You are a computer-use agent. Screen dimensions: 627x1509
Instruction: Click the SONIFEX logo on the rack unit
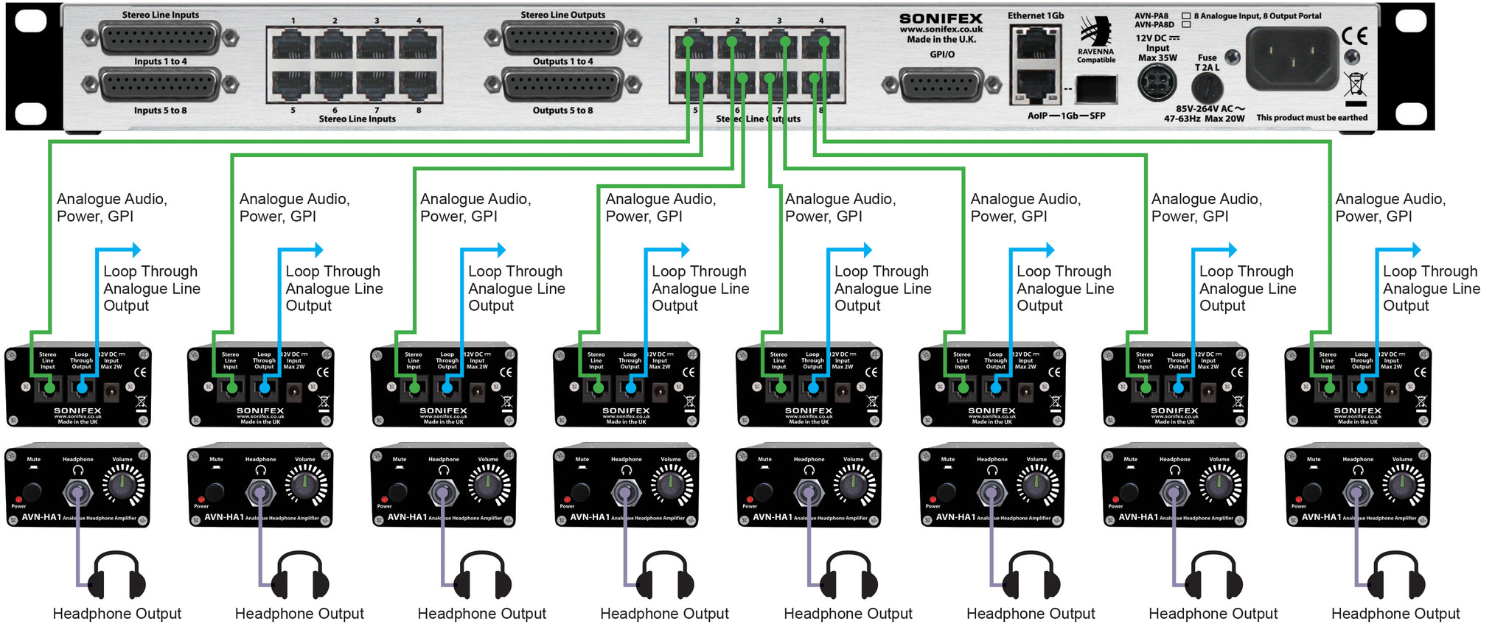pos(941,18)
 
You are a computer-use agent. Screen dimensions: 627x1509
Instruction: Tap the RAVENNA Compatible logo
pos(1096,41)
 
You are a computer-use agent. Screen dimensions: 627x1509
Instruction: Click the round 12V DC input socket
pos(1157,83)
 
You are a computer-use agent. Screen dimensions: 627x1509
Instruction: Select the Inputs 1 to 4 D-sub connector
pos(160,38)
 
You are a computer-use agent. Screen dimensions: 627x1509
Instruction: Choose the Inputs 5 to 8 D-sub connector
pos(160,86)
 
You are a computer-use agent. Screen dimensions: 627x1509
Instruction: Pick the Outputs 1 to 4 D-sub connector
pos(563,38)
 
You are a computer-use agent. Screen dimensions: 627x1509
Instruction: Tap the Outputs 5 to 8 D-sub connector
pos(563,86)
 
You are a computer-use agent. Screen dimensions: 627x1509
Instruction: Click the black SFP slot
pos(1096,89)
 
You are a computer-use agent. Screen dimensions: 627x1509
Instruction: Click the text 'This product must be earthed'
pos(1311,118)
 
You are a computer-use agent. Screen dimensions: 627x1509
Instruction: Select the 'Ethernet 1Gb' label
pos(1036,15)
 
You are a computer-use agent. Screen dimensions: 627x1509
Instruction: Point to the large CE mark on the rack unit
pos(1354,36)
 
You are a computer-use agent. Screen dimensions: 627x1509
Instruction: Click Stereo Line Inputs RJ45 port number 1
pos(293,45)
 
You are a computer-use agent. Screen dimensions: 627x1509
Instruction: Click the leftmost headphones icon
pos(116,575)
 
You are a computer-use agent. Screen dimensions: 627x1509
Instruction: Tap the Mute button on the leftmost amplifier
pos(32,491)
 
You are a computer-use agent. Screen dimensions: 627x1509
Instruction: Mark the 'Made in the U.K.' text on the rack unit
pos(941,40)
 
